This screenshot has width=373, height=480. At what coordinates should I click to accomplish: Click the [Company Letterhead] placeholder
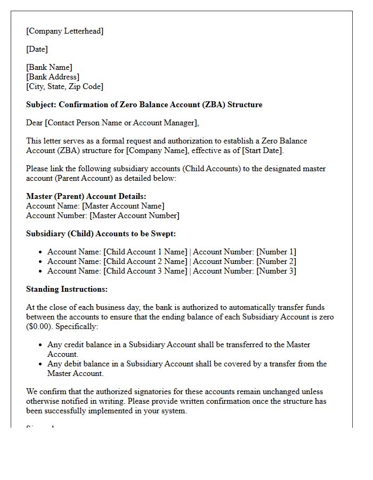point(65,31)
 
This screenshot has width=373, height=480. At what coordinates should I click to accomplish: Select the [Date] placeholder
point(37,49)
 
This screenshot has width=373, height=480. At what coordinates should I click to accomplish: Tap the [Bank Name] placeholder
point(49,67)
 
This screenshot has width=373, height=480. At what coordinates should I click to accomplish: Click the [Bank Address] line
point(53,77)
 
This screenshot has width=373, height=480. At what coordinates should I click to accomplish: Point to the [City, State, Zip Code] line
point(64,86)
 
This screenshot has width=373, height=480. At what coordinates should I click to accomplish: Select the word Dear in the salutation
point(35,123)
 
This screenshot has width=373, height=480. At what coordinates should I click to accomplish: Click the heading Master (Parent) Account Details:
point(86,196)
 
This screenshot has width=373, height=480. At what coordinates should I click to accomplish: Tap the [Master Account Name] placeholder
point(123,206)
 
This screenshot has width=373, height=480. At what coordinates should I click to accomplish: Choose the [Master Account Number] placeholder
point(134,215)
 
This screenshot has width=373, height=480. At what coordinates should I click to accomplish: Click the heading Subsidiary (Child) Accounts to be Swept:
point(101,234)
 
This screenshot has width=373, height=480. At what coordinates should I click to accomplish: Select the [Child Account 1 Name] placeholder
point(145,252)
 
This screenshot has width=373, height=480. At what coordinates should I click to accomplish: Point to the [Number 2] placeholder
point(276,261)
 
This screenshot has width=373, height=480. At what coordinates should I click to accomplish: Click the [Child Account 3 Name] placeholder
point(145,271)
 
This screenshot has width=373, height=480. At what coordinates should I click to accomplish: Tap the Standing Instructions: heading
point(67,289)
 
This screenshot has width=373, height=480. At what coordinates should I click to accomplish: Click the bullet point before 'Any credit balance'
point(41,345)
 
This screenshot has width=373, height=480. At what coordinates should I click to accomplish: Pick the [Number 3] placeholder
point(276,271)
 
